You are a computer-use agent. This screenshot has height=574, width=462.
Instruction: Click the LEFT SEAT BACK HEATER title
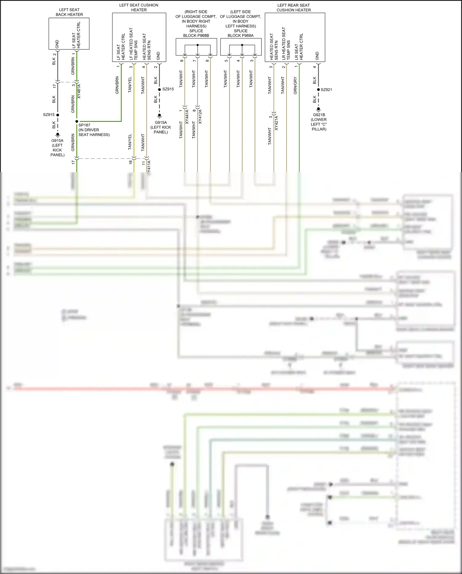(x=69, y=12)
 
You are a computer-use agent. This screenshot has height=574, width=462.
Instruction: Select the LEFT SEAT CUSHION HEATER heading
(x=139, y=7)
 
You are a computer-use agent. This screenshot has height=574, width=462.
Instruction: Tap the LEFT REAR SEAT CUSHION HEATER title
(x=294, y=7)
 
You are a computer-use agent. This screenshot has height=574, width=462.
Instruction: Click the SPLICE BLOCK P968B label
(x=196, y=33)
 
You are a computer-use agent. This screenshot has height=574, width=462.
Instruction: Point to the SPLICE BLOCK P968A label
(x=241, y=33)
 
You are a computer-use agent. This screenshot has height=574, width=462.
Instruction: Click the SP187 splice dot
(x=77, y=122)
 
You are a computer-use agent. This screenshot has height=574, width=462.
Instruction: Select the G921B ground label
(x=319, y=115)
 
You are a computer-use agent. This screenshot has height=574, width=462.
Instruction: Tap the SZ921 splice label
(x=326, y=90)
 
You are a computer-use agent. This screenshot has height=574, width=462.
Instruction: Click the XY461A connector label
(x=79, y=91)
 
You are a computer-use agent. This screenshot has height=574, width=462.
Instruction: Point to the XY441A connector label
(x=187, y=116)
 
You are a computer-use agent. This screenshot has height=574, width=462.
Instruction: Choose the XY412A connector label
(x=200, y=116)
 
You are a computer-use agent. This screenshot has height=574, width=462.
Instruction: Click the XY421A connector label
(x=276, y=123)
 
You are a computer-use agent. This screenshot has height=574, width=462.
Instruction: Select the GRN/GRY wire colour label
(x=295, y=85)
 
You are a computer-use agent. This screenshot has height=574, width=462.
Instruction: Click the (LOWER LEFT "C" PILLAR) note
(x=319, y=124)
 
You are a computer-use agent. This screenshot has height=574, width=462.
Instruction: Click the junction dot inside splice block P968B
(x=197, y=45)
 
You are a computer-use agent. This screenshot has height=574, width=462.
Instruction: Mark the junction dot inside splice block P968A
(x=242, y=45)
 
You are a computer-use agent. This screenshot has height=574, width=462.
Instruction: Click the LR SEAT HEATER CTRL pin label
(x=299, y=47)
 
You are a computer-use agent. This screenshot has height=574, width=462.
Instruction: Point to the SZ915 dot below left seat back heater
(x=58, y=115)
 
